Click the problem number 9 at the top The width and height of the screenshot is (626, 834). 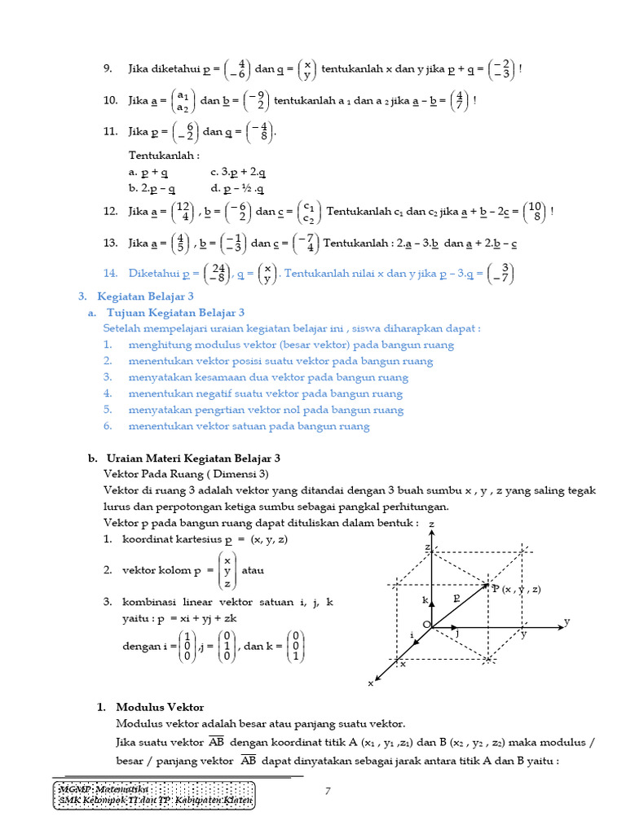pyautogui.click(x=108, y=69)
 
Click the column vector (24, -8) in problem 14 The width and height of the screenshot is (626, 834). pyautogui.click(x=217, y=273)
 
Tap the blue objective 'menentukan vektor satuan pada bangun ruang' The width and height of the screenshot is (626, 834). pyautogui.click(x=249, y=426)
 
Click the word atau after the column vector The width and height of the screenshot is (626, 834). pyautogui.click(x=253, y=571)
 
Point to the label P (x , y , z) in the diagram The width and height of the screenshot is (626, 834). pyautogui.click(x=517, y=589)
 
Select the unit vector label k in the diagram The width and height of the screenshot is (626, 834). pyautogui.click(x=425, y=600)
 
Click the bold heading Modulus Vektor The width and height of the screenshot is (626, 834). pyautogui.click(x=160, y=707)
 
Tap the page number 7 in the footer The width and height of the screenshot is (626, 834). pyautogui.click(x=327, y=792)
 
